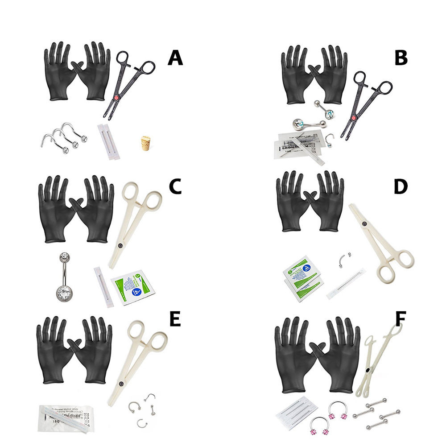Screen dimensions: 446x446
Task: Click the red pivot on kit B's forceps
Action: pos(354,118)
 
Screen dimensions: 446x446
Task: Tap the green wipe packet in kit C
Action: pos(132,287)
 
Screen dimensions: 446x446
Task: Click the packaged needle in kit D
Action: pos(346,284)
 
